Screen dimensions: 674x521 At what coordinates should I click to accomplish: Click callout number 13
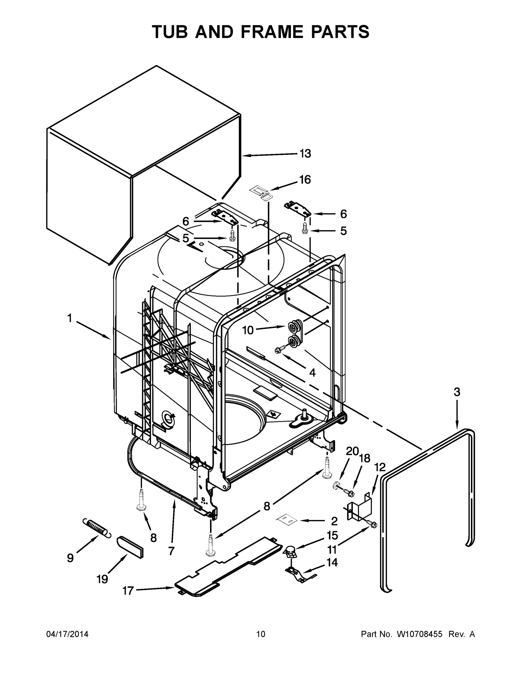(x=305, y=153)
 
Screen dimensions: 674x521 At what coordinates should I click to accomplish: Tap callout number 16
(x=305, y=180)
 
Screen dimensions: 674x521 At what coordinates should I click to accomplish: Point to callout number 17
(x=128, y=591)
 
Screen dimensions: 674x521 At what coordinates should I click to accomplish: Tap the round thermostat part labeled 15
(x=290, y=550)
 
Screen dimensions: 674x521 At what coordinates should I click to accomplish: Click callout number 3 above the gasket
(x=457, y=392)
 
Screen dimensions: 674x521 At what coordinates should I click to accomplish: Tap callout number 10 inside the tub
(x=247, y=330)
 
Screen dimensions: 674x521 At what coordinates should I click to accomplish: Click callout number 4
(x=312, y=372)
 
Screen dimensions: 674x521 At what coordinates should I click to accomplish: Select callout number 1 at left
(x=70, y=318)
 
